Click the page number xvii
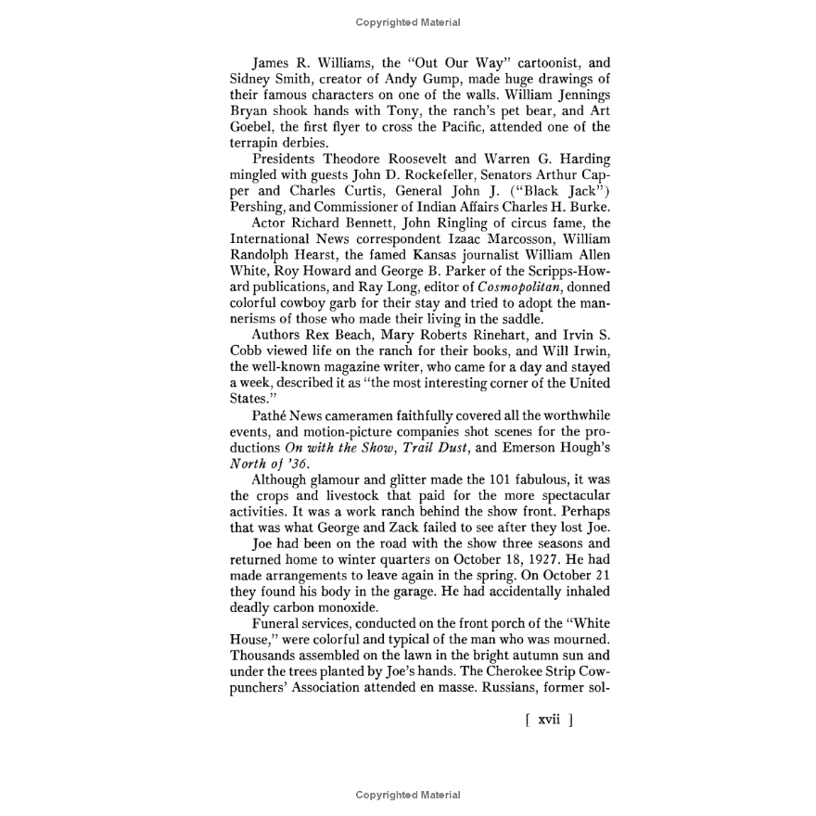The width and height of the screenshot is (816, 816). [549, 720]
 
